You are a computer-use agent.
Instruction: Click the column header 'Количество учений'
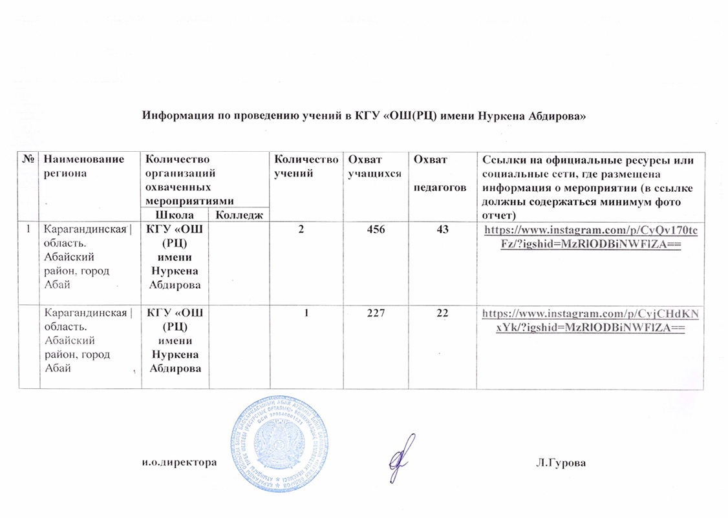[306, 166]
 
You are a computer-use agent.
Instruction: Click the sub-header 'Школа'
[175, 214]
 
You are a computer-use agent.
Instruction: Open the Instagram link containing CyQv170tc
[590, 235]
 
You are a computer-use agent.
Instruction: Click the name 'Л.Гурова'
[561, 463]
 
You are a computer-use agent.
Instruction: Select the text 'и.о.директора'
[178, 463]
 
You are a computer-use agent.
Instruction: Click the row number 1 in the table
[28, 229]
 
